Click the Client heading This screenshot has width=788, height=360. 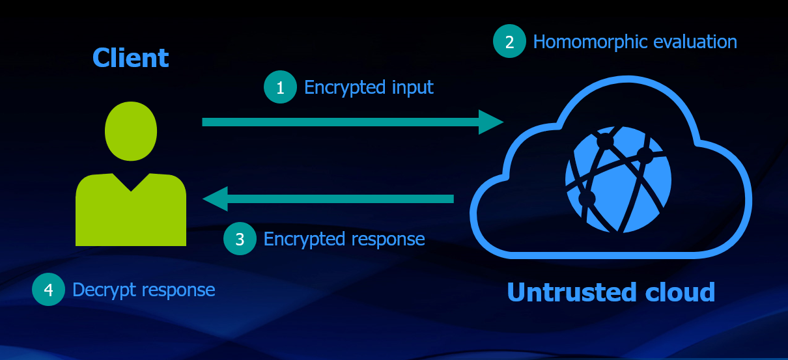click(130, 58)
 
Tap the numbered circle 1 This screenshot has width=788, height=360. click(281, 87)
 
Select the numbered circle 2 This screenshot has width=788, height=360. click(509, 41)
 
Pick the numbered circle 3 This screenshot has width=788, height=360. click(240, 239)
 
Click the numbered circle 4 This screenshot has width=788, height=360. click(49, 289)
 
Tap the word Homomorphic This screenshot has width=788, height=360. click(590, 42)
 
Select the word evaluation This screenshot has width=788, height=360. click(695, 42)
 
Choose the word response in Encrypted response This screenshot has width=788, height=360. click(388, 240)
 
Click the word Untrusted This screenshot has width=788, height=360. click(572, 292)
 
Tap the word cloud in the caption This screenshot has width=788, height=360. click(681, 292)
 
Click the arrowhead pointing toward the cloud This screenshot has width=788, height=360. click(491, 122)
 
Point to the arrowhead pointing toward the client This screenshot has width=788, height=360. click(215, 199)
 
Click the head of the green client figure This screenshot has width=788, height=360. click(131, 131)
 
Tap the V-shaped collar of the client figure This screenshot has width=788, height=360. click(131, 183)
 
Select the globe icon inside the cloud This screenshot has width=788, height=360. click(618, 179)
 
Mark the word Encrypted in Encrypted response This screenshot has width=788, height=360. click(304, 240)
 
